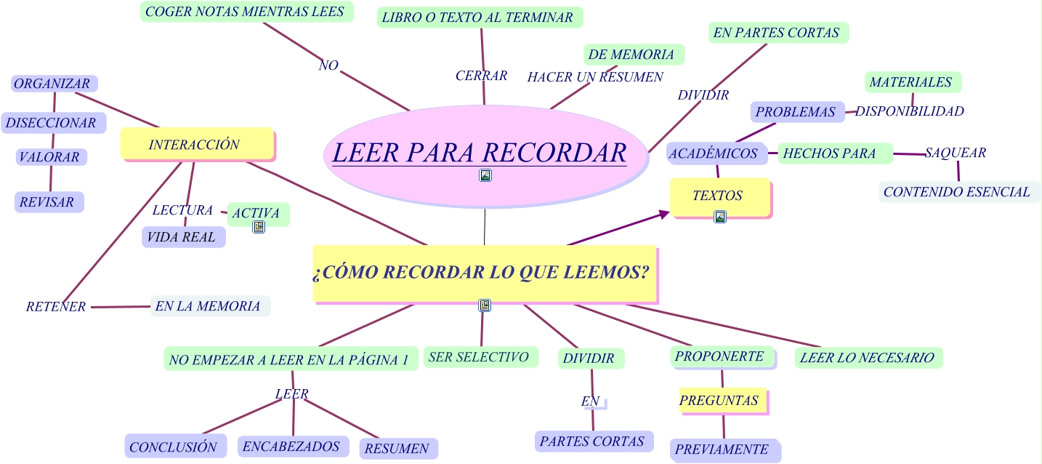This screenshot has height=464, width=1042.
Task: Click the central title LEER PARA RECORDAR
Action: tap(479, 153)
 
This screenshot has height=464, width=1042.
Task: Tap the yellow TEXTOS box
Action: tap(718, 196)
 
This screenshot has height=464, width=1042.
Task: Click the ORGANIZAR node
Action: tap(54, 84)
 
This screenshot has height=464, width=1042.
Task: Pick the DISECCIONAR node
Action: tap(52, 123)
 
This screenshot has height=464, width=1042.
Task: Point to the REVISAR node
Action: tap(48, 202)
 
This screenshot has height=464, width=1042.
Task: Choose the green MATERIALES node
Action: tap(912, 82)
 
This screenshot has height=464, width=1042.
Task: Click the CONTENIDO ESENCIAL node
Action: tap(958, 192)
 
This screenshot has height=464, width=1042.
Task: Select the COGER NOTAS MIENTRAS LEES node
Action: tap(246, 12)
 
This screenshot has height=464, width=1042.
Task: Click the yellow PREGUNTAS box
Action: tap(721, 401)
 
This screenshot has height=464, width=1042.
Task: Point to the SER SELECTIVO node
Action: tap(480, 357)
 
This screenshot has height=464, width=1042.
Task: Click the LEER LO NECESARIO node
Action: tap(868, 358)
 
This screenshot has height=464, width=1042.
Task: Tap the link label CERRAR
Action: tap(481, 76)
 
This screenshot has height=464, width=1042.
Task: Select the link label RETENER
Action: tap(56, 307)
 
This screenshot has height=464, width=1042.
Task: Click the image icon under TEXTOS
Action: tap(720, 217)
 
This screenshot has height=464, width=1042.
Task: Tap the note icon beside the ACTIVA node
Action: tap(259, 228)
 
